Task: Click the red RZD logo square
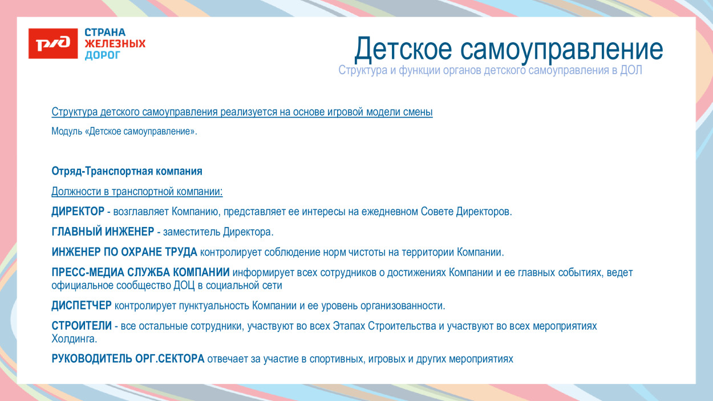coord(53,43)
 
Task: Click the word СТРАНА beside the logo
coord(105,33)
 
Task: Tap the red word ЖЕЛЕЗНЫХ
coord(115,44)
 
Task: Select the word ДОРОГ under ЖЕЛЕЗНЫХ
coord(103,55)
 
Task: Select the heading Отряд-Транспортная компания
coord(127,171)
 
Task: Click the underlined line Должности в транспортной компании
coord(137,192)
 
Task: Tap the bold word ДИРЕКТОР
coord(78,212)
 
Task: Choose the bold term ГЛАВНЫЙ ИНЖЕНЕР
coord(103,232)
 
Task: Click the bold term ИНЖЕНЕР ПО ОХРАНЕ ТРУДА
coord(124,252)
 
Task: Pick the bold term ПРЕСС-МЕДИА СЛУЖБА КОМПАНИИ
coord(140,273)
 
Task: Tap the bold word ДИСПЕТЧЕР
coord(82,306)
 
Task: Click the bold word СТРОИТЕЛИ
coord(82,326)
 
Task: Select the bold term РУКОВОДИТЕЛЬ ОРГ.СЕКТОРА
coord(128,359)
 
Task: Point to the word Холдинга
coord(74,339)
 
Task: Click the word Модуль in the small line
coord(67,132)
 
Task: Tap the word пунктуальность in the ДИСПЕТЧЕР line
coord(214,306)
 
